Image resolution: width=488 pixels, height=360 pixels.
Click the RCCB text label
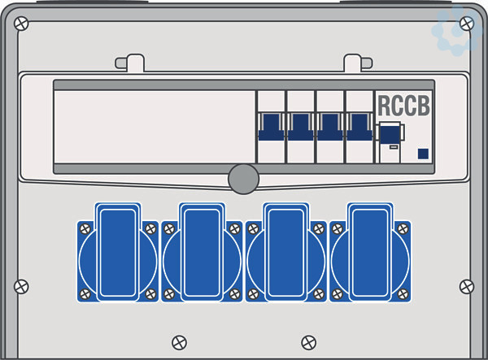404,106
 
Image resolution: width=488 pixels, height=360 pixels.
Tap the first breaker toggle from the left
271,127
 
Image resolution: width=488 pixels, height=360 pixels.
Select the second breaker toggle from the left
300,127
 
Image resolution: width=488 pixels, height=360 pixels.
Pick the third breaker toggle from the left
330,127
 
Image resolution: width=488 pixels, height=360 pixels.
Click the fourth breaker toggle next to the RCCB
359,127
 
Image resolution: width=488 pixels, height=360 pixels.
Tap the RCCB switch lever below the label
390,133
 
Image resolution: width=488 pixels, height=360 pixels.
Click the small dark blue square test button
423,154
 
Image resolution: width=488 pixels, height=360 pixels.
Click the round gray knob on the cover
243,179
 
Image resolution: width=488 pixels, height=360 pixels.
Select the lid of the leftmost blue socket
118,252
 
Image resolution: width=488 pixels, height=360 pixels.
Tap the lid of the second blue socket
202,252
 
